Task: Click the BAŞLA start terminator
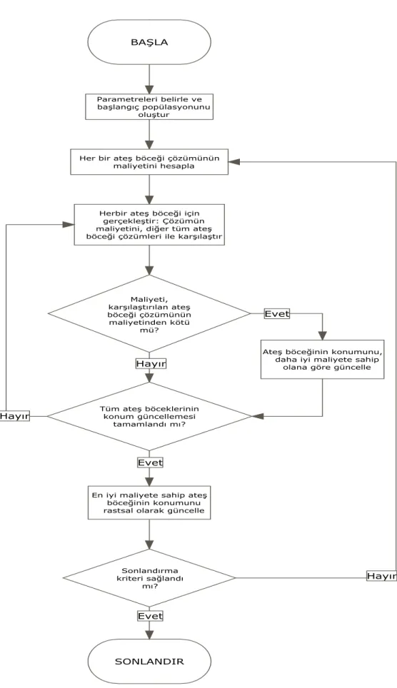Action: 149,43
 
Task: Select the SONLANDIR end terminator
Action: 149,661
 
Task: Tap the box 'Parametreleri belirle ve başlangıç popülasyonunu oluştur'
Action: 149,106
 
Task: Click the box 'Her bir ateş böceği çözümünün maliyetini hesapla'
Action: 149,162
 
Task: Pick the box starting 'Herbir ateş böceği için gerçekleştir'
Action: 149,225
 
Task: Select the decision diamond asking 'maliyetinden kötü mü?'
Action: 149,313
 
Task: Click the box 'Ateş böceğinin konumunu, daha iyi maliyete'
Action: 322,359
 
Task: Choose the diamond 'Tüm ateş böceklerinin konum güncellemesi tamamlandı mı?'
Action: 149,416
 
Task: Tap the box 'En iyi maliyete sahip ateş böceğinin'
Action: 149,503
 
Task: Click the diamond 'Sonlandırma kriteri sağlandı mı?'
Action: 149,577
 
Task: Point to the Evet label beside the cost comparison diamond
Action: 276,314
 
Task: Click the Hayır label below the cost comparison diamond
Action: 151,364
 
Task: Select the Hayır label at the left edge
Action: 14,416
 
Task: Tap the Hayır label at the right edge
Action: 381,576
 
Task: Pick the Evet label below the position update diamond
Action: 150,462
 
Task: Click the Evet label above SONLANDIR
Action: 150,616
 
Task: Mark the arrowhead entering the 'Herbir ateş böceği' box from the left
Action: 69,224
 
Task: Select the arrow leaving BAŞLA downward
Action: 150,79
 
